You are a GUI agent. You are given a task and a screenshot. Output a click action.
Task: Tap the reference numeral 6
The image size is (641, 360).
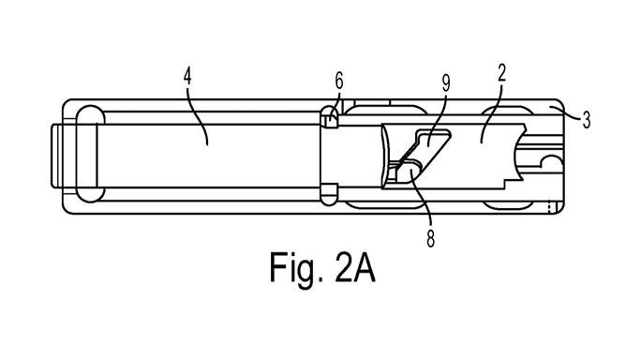[338, 82]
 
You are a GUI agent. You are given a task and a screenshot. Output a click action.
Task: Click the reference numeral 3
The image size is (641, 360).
[586, 119]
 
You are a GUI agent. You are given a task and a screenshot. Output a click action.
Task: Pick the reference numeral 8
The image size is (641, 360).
[430, 237]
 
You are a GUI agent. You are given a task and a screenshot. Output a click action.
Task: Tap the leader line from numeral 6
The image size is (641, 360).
[335, 100]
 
